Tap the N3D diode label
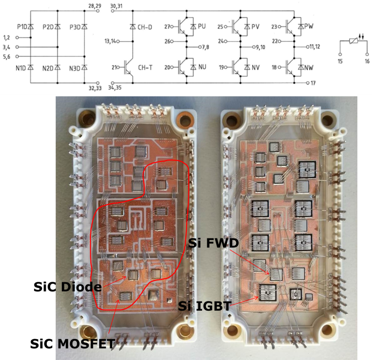(x=76, y=68)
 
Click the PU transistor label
(x=201, y=25)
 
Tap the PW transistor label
(x=308, y=25)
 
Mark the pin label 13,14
(x=111, y=40)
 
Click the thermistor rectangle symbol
(x=353, y=45)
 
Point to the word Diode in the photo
(x=81, y=287)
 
